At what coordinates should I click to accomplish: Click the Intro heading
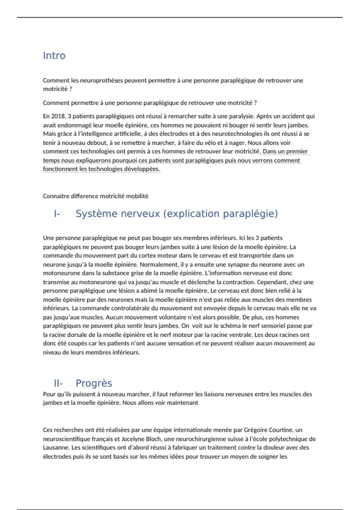(54, 56)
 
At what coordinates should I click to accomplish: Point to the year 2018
(58, 116)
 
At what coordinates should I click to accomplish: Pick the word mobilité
(137, 196)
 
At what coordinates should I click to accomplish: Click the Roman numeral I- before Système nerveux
(57, 214)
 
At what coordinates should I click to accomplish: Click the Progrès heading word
(94, 383)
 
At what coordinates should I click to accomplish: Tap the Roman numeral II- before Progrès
(58, 383)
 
